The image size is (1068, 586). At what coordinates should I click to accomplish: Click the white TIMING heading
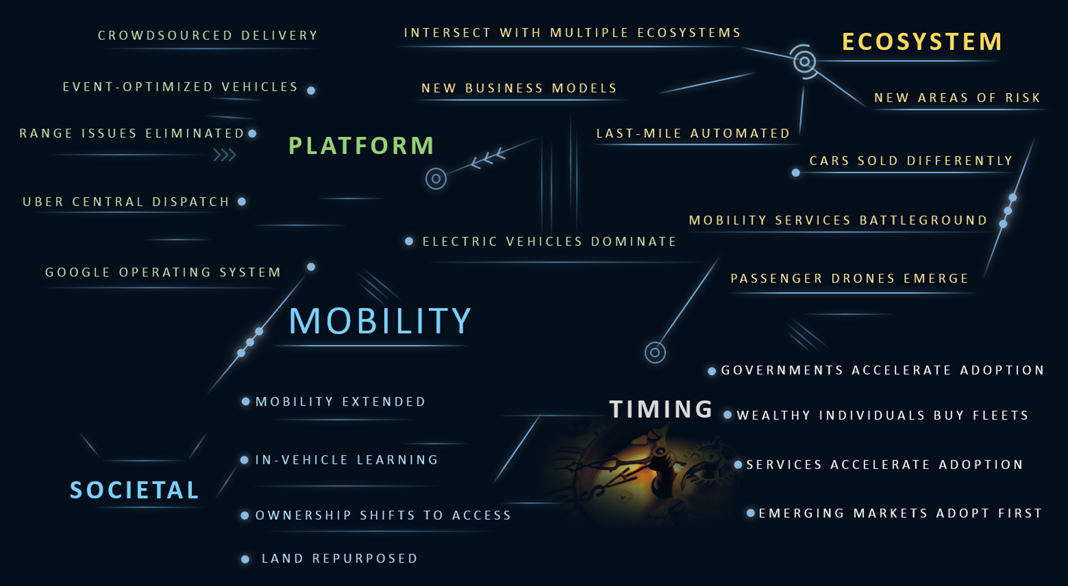661,409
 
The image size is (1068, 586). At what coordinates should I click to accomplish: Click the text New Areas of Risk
957,98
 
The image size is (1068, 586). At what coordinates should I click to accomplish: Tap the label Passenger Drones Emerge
849,278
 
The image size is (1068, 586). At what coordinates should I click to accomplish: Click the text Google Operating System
163,272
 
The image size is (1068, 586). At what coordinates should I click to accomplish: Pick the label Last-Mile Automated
693,134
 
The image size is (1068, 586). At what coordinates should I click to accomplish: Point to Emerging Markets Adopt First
900,513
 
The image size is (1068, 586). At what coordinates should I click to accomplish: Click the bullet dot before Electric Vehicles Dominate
409,241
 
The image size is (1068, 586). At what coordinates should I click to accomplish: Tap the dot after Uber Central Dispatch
242,201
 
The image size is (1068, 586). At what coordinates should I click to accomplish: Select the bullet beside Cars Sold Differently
796,173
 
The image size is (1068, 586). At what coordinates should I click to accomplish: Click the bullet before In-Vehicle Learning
245,460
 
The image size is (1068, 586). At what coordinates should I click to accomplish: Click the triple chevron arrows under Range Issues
225,155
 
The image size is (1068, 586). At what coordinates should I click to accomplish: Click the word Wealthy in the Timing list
774,416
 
